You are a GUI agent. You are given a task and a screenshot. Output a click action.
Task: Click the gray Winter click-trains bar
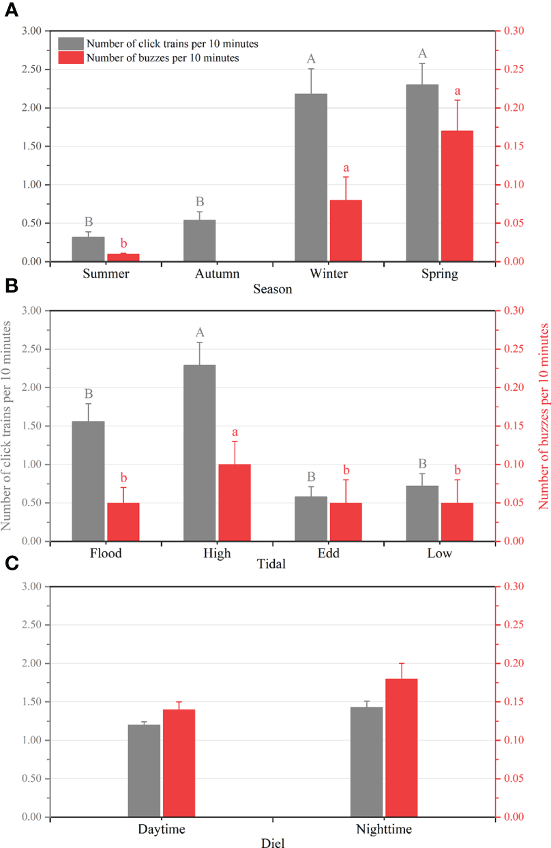(311, 177)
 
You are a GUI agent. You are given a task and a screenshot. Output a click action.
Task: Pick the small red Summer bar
(123, 257)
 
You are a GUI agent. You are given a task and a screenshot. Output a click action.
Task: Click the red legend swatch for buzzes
(71, 58)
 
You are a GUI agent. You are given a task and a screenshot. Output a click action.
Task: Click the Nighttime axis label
(384, 830)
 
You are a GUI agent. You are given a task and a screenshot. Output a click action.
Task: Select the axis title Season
(273, 289)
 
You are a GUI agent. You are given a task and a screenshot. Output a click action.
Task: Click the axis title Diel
(273, 843)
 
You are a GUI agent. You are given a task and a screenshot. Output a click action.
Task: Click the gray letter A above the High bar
(200, 333)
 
